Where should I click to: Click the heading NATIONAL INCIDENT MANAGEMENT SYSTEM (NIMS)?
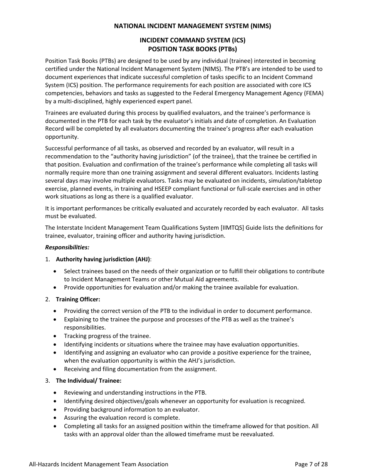click(x=192, y=26)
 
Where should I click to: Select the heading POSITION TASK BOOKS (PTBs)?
click(x=192, y=49)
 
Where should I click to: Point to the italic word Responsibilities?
click(x=67, y=247)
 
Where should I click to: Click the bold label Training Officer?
click(x=78, y=299)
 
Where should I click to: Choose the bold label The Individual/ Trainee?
click(x=89, y=380)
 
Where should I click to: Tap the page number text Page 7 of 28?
click(x=311, y=464)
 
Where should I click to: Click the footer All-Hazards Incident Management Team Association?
click(x=99, y=464)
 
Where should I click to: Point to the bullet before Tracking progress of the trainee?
click(x=56, y=336)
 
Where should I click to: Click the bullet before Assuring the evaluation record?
click(x=56, y=418)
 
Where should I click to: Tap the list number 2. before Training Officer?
click(x=47, y=299)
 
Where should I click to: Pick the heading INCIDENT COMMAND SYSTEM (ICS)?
click(x=192, y=40)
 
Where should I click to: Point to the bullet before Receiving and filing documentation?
click(x=56, y=369)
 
